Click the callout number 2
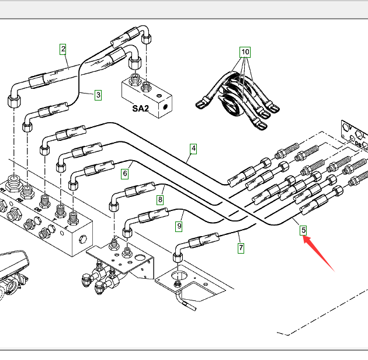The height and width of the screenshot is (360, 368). click(63, 49)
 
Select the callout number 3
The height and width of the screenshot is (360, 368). click(98, 95)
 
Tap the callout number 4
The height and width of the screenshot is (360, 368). click(193, 148)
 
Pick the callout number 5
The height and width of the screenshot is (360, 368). click(304, 230)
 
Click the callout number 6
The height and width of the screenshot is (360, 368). click(124, 174)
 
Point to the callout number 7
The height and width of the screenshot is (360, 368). click(241, 247)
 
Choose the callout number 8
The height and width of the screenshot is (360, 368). click(159, 200)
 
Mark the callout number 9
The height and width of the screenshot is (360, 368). click(180, 224)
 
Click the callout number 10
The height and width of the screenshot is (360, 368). click(245, 52)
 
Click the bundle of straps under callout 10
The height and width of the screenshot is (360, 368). click(236, 99)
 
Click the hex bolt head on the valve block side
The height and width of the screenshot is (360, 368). click(83, 238)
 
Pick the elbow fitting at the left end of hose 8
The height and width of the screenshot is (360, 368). click(113, 205)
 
